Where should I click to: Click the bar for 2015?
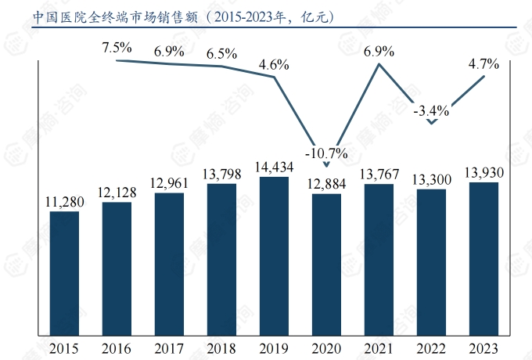tap(64, 273)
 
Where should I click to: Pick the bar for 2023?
tap(483, 259)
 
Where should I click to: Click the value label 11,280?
tap(64, 201)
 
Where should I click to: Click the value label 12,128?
tap(117, 192)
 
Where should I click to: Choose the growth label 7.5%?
tap(117, 48)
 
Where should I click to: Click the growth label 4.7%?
tap(483, 65)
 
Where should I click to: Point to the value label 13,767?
tap(379, 173)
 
